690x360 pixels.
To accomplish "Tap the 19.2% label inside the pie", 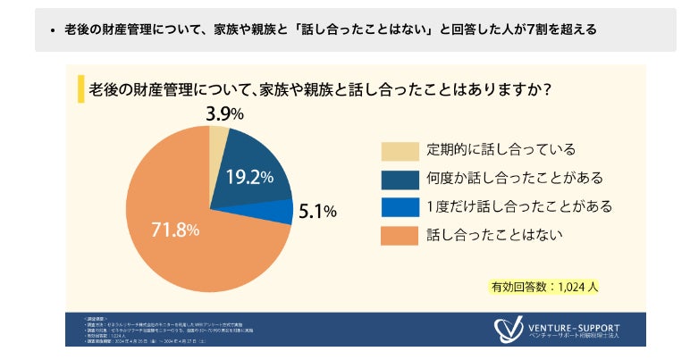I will [x=248, y=177].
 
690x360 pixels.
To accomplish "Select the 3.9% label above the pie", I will [x=223, y=113].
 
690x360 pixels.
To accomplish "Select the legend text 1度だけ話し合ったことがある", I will [x=518, y=206].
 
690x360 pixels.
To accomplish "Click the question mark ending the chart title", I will [x=544, y=89].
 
